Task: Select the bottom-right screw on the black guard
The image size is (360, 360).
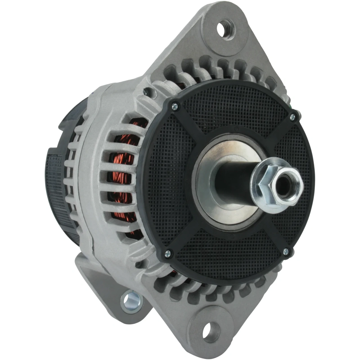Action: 286,251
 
